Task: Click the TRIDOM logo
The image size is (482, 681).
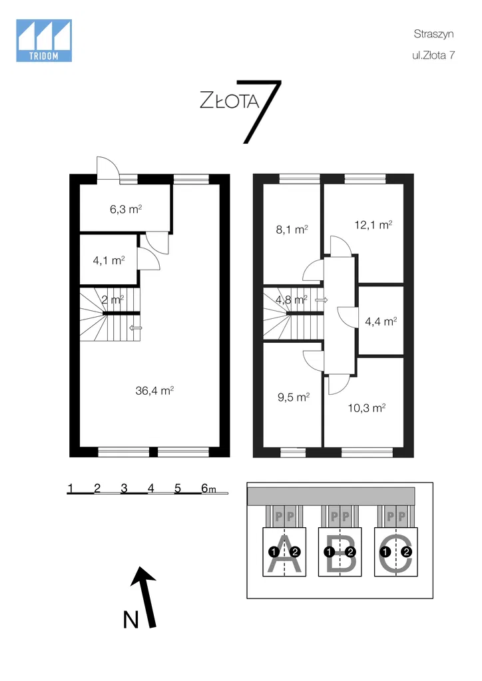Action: pos(44,41)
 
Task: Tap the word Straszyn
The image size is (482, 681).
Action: pos(433,34)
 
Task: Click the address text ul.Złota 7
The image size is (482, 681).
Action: pos(433,55)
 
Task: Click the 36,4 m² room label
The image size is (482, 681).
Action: pos(154,391)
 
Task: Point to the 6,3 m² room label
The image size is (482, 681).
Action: pos(126,209)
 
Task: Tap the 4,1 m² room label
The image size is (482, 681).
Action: pos(109,260)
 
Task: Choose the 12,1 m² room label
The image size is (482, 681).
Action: pos(373,224)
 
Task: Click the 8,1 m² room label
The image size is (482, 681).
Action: pos(292,229)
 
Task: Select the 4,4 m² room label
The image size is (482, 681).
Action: pos(381,322)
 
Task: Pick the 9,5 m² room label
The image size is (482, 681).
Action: pos(294,397)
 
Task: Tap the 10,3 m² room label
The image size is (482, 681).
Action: pos(367,408)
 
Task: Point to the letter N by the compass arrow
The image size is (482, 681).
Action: pos(130,620)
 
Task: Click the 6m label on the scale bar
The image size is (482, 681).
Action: pos(208,488)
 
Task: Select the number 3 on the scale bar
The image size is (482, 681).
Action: pos(124,488)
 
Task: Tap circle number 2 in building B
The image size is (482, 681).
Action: pos(350,553)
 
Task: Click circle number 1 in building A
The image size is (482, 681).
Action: pos(274,553)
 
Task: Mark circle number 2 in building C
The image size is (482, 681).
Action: pos(407,553)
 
